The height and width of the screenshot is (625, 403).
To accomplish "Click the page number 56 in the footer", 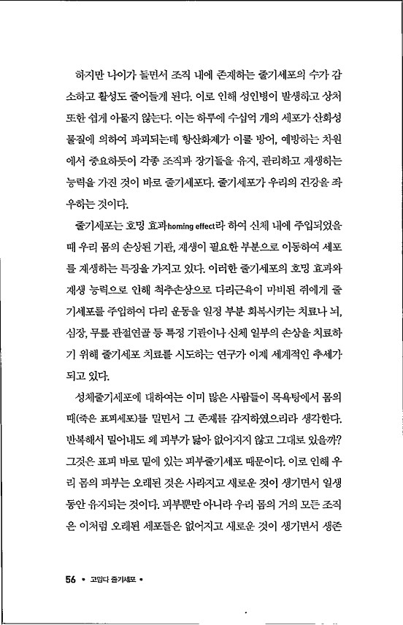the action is click(71, 580).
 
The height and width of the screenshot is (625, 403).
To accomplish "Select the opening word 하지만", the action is click(82, 75).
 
